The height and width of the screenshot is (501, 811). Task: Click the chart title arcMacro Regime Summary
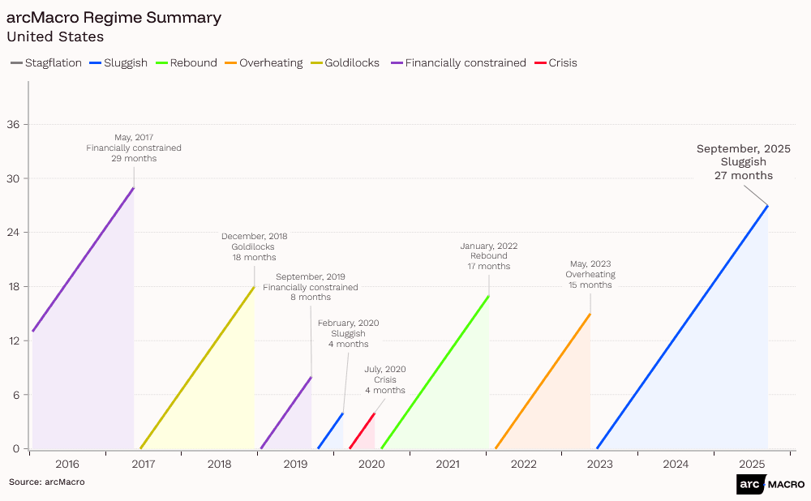(114, 17)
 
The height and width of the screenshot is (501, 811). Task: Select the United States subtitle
(55, 36)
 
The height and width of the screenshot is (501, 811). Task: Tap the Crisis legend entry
(562, 62)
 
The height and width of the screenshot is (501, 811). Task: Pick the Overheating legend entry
(270, 62)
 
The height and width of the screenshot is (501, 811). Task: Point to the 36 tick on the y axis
(14, 125)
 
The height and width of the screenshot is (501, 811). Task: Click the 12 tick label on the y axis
(14, 340)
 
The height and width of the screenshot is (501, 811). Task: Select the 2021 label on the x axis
(448, 465)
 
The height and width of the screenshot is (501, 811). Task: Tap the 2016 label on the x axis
(67, 465)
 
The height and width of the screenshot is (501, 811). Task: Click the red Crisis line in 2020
(362, 430)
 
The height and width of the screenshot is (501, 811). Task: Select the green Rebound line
(435, 372)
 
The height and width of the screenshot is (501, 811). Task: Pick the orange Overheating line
(543, 381)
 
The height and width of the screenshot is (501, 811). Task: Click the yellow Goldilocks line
(198, 367)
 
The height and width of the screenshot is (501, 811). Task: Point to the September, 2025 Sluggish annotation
(743, 162)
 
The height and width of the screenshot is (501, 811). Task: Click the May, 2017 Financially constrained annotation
(134, 148)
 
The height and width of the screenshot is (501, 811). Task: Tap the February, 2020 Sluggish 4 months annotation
(348, 333)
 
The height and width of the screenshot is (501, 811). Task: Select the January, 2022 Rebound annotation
(488, 256)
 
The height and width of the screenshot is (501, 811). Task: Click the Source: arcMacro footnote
(46, 482)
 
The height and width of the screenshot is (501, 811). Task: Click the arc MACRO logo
(770, 484)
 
